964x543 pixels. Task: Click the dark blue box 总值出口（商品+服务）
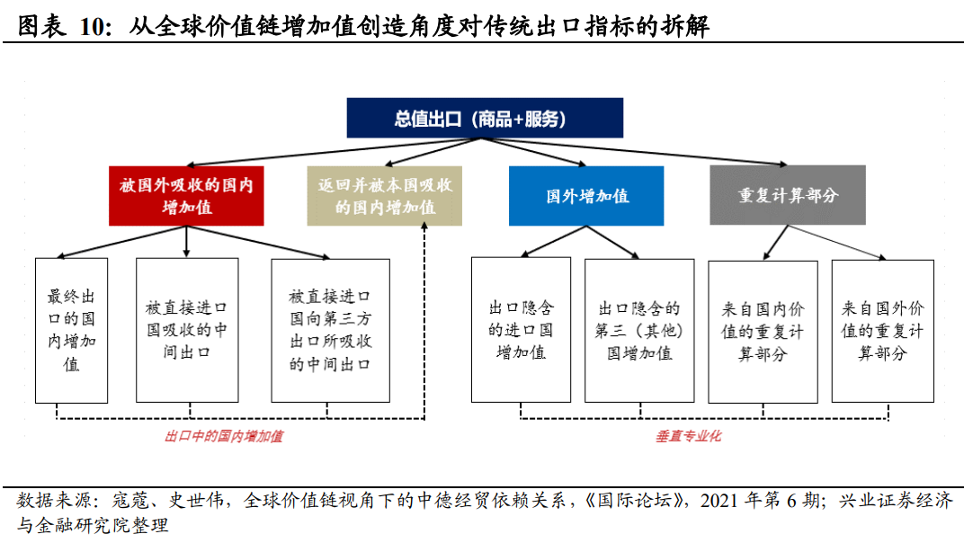(x=485, y=119)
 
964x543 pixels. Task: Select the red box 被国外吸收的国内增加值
(x=186, y=196)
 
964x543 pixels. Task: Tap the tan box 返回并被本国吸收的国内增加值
(x=385, y=196)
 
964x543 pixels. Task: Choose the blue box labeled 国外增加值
(x=586, y=196)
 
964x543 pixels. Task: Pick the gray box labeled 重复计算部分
(x=787, y=195)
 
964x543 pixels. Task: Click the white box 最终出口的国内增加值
(x=71, y=330)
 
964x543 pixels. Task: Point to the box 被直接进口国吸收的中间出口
(x=187, y=330)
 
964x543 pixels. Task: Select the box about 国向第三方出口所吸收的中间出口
(x=330, y=330)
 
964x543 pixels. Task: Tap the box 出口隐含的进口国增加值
(x=521, y=329)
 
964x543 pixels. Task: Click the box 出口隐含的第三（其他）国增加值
(x=638, y=330)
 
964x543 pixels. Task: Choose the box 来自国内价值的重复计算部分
(x=763, y=331)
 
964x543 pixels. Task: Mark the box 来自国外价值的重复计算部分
(x=882, y=331)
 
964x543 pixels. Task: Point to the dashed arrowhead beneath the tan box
(x=422, y=230)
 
